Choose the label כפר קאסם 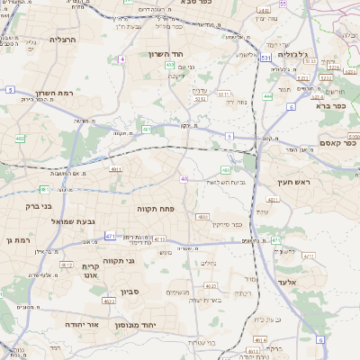(x=337, y=142)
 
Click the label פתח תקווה (x=155, y=208)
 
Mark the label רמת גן (x=16, y=239)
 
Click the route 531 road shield (x=265, y=57)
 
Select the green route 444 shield (x=268, y=95)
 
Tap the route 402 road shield (x=20, y=139)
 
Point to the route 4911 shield (x=116, y=168)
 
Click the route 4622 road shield (x=67, y=265)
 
